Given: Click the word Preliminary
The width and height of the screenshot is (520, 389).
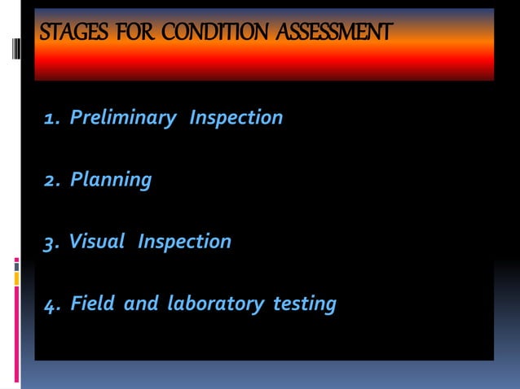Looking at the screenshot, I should [123, 119].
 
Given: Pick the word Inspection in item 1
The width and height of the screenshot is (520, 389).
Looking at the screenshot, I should [236, 118].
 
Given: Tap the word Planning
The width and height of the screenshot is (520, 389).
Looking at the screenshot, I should [111, 180].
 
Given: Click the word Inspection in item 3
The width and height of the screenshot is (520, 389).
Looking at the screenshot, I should [184, 242].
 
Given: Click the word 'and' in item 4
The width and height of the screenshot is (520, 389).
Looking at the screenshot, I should [142, 304].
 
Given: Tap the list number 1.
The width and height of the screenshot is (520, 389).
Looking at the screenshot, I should [51, 119].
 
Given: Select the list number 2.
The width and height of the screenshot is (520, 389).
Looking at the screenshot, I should [51, 180].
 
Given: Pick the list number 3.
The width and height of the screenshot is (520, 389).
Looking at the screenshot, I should [51, 243].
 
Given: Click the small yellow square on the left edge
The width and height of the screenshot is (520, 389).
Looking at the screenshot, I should [16, 278].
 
